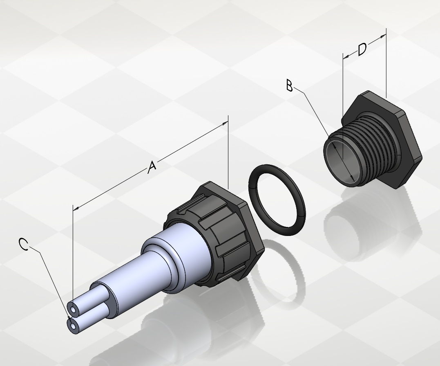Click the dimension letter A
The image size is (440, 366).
(x=152, y=167)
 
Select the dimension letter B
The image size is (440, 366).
(x=289, y=85)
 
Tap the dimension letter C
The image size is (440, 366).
(x=24, y=244)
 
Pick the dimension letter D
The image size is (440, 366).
(x=362, y=49)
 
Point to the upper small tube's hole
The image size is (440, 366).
(x=74, y=310)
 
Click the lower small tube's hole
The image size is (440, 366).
(x=73, y=326)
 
